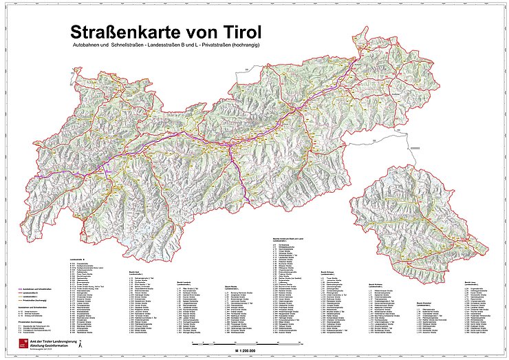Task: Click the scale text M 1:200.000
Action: (254, 350)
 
